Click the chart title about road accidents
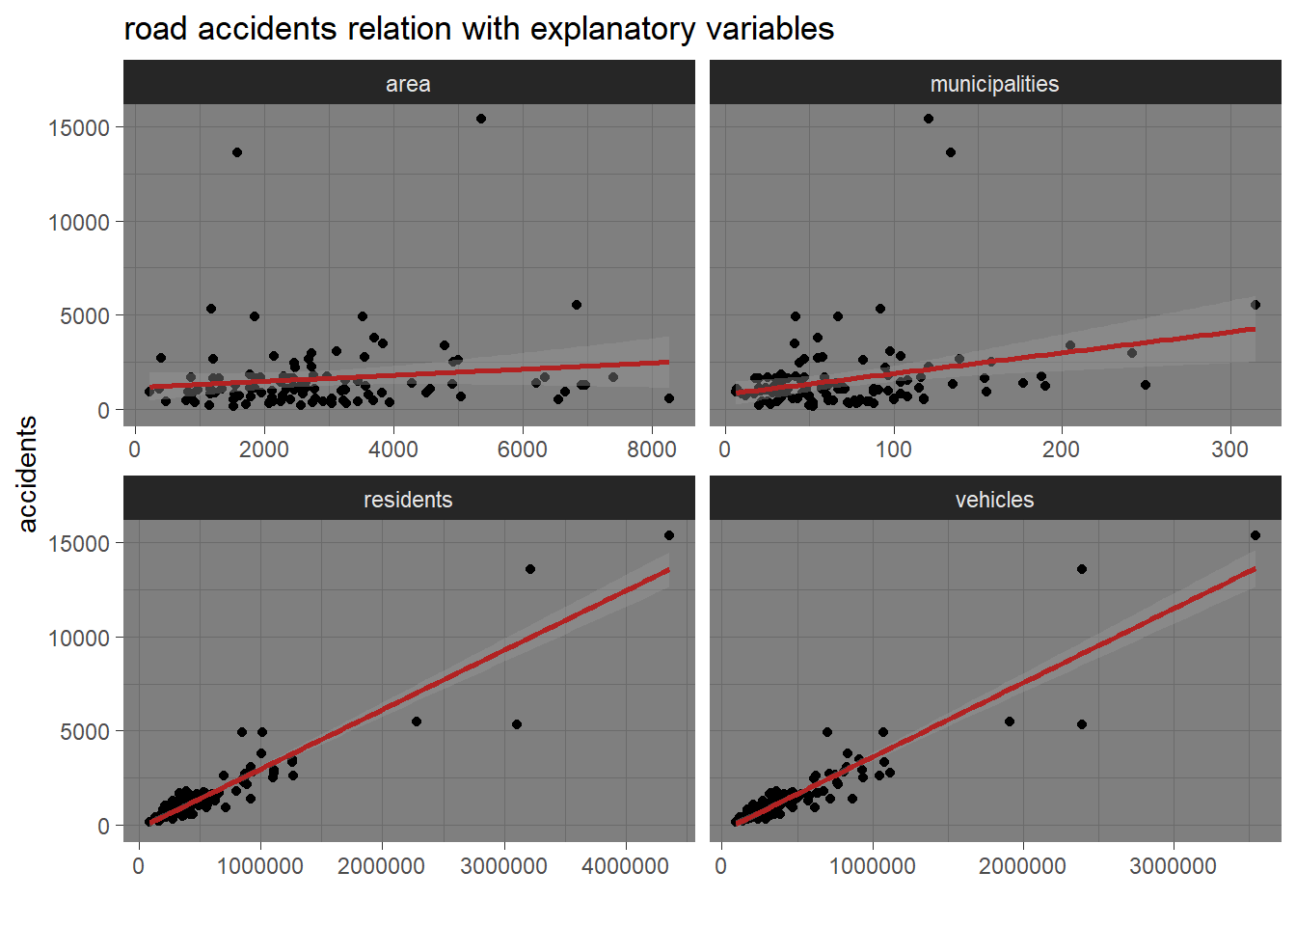(x=478, y=29)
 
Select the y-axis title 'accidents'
(x=27, y=474)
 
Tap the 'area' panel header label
(x=408, y=84)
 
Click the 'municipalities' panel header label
(x=994, y=84)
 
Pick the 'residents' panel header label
(x=408, y=500)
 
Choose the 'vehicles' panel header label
(x=994, y=500)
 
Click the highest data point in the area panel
(x=481, y=119)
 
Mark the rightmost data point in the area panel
(x=669, y=398)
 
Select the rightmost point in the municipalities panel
(x=1255, y=305)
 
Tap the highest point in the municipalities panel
(x=929, y=119)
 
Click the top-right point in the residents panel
(x=669, y=535)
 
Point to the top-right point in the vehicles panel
(x=1255, y=535)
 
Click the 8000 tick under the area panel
(x=652, y=449)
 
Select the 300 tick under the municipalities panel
(x=1229, y=449)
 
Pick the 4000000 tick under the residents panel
(x=625, y=865)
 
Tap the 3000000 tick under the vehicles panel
(x=1173, y=865)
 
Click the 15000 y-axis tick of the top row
(x=79, y=127)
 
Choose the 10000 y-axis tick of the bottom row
(x=79, y=638)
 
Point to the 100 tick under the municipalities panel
(x=893, y=449)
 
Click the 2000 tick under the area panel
(x=263, y=449)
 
